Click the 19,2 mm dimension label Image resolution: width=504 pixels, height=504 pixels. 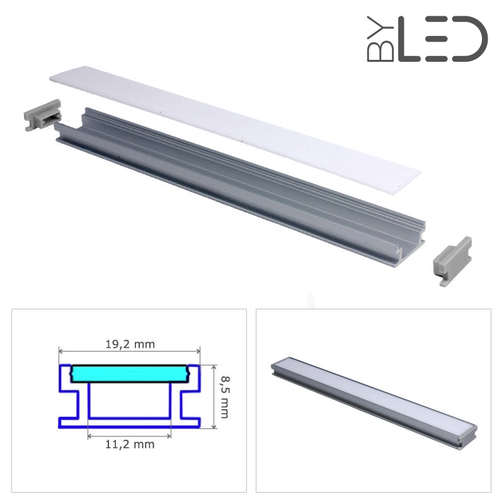coord(130,344)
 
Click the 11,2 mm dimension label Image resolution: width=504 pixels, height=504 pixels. coord(130,444)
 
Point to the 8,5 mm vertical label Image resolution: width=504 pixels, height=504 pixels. coord(224,397)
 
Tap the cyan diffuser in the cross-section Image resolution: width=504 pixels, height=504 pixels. coord(129,374)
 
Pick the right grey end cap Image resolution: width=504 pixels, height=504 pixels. coord(452,261)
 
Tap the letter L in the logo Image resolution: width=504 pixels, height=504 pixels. coord(408,39)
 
